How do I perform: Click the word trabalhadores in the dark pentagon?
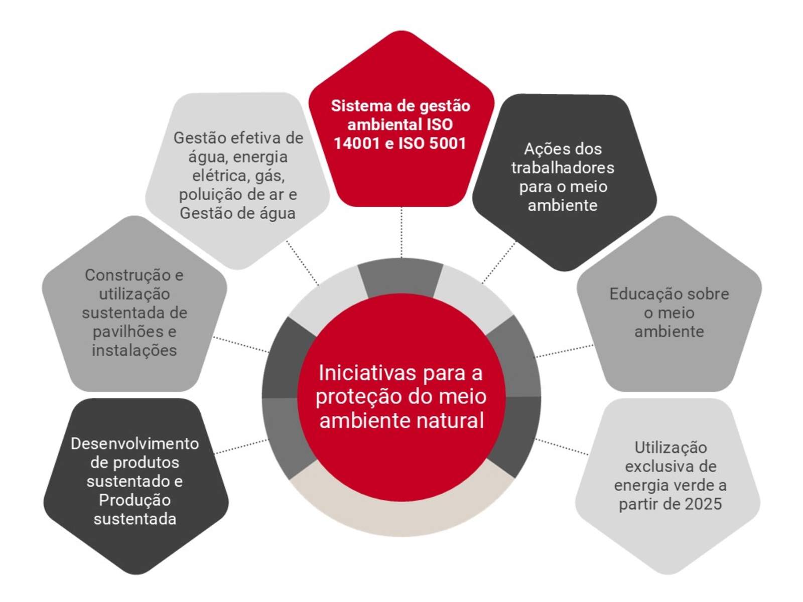coord(562,168)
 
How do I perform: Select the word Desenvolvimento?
coord(135,444)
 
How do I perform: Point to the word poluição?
coord(209,195)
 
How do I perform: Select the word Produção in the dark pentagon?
coord(135,500)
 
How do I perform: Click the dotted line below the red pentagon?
coord(401,232)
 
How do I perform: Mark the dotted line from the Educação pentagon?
coord(564,351)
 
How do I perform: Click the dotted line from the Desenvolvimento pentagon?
coord(241,446)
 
